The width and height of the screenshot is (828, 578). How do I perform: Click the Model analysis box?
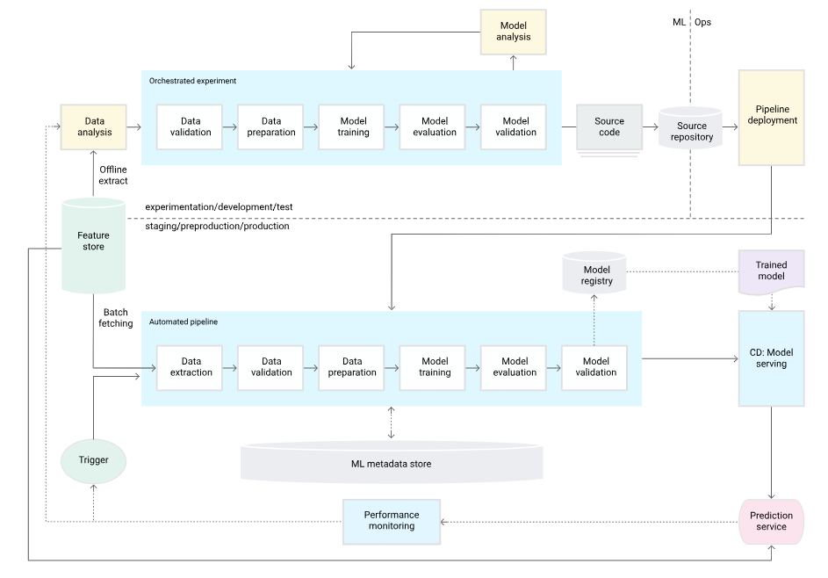pos(514,32)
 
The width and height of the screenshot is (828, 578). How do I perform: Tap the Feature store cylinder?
pos(93,242)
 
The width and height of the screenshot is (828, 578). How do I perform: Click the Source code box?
pos(608,127)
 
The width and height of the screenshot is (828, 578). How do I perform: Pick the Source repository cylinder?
pos(691,130)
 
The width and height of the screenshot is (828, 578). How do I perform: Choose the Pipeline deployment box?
pos(771,118)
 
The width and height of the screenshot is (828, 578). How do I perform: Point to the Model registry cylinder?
pos(595,273)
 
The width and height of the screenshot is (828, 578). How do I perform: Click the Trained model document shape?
pos(771,271)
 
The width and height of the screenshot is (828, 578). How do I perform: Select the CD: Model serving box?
pos(771,358)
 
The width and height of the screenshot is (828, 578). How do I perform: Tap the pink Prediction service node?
pos(771,522)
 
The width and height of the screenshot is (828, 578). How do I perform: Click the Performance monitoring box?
pos(391,521)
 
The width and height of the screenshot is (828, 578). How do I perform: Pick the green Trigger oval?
pos(93,460)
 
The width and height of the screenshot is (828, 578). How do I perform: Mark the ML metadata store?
pos(392,464)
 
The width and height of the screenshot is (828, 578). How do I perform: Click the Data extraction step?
pos(191,367)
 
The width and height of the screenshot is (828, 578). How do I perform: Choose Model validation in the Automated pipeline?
pos(595,367)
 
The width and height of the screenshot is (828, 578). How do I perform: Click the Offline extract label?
pos(112,175)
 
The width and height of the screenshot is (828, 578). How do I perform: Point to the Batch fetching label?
pos(115,318)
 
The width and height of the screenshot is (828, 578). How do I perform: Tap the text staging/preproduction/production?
pos(217,227)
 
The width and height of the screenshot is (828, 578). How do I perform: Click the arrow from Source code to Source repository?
pos(651,126)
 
